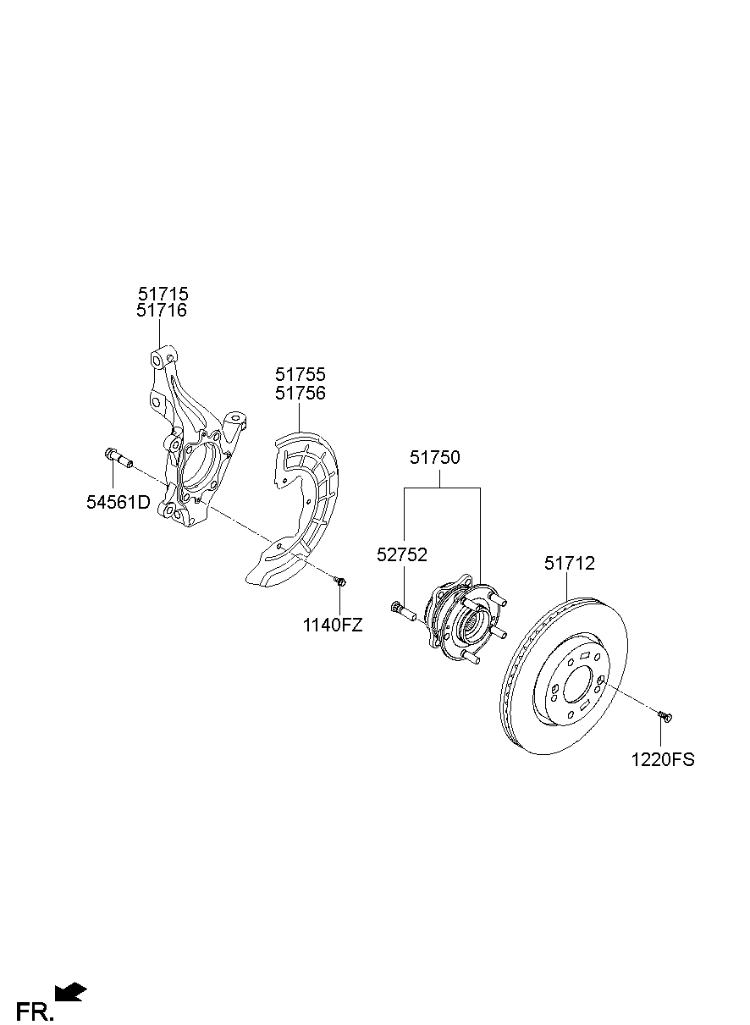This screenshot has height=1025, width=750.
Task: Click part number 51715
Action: tap(163, 294)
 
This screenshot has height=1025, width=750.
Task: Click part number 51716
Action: tap(163, 311)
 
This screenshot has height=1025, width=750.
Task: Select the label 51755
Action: tap(301, 374)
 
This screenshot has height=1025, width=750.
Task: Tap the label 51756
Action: tap(301, 393)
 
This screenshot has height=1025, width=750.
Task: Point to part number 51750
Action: tap(435, 458)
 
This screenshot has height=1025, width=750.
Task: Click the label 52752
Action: tap(402, 555)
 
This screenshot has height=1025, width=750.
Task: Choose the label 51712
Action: tap(569, 563)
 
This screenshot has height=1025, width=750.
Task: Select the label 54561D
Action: tap(118, 502)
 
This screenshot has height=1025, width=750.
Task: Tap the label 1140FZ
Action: tap(333, 625)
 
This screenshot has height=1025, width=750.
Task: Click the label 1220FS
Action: tap(662, 759)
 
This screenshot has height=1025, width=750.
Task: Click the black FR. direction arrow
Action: tap(70, 991)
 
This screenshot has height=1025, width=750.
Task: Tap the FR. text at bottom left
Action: tap(35, 1011)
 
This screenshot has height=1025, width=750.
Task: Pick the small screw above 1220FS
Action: tap(665, 717)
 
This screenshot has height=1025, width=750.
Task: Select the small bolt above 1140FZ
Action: tap(339, 581)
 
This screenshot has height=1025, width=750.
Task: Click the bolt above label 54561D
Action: tap(118, 458)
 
